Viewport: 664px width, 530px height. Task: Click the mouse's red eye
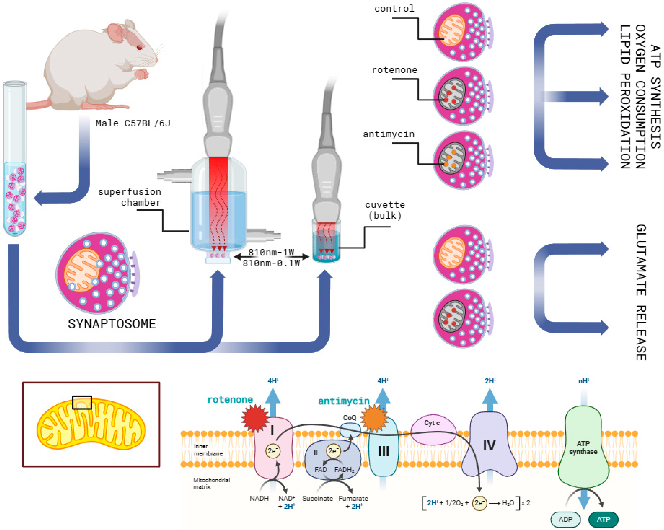(140, 47)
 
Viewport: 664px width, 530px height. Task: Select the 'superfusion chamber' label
(130, 197)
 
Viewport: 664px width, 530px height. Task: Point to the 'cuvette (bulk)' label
(385, 210)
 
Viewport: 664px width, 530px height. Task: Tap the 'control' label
(394, 9)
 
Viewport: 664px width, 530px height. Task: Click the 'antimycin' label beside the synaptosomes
(389, 134)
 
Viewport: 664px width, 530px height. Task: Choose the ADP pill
(565, 519)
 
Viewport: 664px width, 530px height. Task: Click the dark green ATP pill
(603, 519)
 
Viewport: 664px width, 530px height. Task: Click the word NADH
(259, 498)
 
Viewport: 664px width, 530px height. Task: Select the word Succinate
(318, 498)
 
